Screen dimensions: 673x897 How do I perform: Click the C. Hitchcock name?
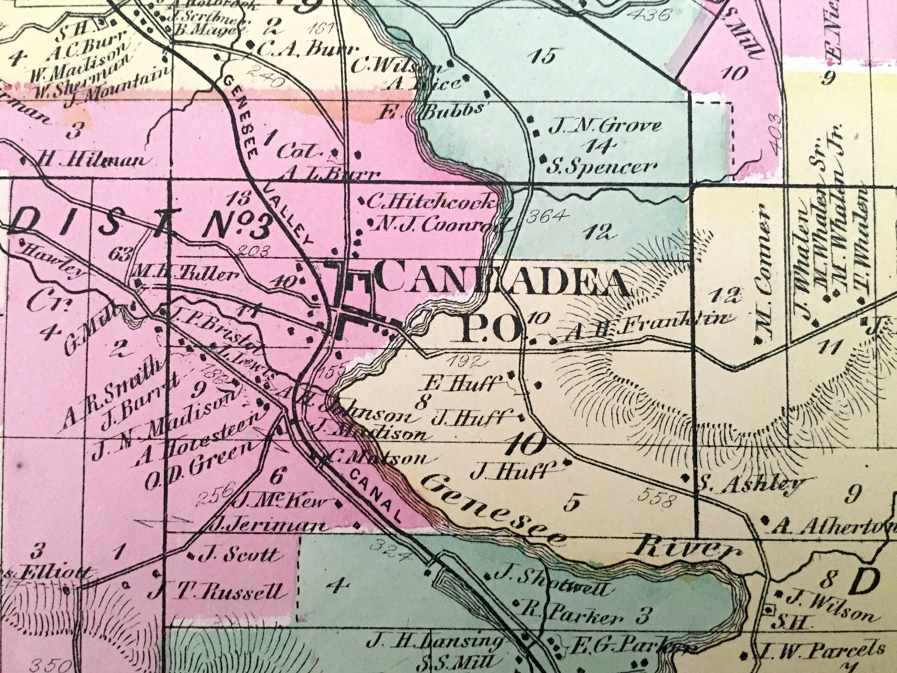point(432,202)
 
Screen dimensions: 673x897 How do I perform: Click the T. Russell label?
point(239,593)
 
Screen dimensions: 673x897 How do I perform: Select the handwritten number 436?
point(576,16)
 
